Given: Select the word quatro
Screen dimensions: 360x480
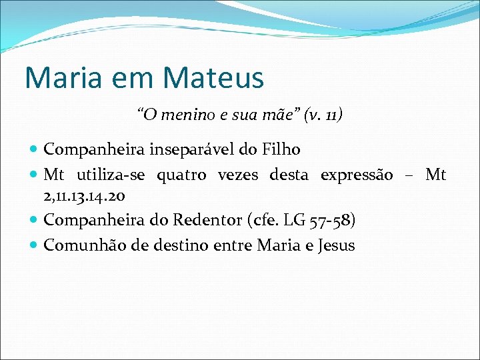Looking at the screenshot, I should [x=181, y=175].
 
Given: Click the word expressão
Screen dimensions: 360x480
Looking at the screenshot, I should [x=357, y=175].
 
